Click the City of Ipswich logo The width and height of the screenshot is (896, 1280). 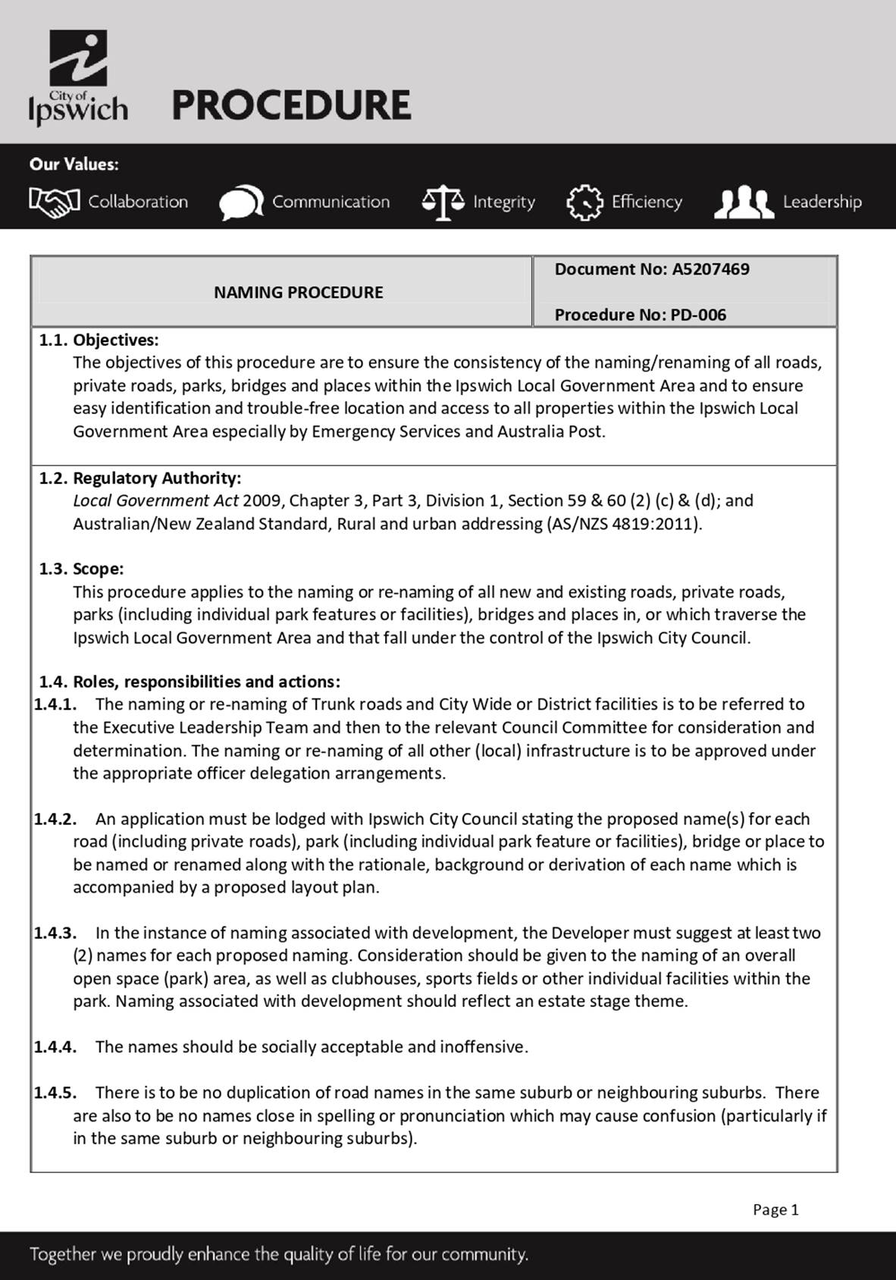[78, 77]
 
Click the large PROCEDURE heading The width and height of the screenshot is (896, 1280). [291, 105]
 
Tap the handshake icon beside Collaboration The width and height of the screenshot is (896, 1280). [54, 201]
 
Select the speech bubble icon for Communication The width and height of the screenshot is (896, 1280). [241, 202]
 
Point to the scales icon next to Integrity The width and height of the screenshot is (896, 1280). [443, 202]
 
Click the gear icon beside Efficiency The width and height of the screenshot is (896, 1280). [584, 202]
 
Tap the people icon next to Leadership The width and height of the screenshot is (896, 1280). [744, 202]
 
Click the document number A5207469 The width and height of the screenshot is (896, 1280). [710, 269]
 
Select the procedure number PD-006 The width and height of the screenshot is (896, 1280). [698, 315]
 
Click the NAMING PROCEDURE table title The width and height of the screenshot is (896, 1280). [298, 292]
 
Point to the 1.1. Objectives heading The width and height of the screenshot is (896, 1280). [99, 340]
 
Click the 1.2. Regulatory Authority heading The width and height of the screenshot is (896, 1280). [140, 478]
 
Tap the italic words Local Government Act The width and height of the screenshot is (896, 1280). [155, 500]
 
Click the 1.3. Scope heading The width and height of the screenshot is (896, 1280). [82, 569]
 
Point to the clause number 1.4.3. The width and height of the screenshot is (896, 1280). [55, 933]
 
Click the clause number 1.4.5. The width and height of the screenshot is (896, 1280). [55, 1093]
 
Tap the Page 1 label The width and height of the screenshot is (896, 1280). [775, 1209]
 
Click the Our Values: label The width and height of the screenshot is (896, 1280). [74, 164]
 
